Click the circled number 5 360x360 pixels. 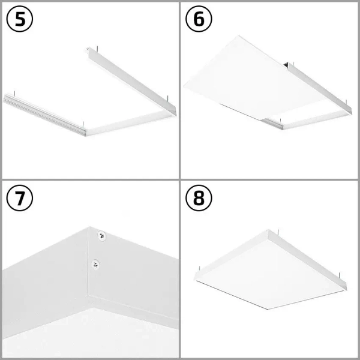[20, 20]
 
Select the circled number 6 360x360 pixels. [200, 20]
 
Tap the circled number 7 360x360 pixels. [20, 200]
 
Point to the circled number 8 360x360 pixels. [200, 200]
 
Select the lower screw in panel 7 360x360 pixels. [95, 263]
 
